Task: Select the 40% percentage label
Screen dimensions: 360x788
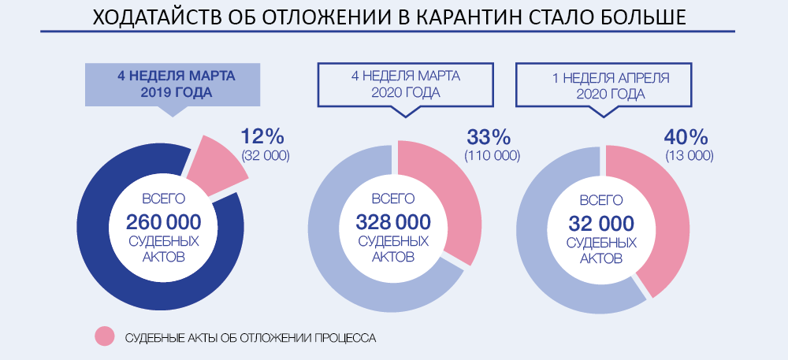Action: click(x=689, y=136)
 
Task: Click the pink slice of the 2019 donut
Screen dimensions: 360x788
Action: click(x=217, y=163)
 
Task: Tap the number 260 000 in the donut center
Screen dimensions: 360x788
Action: click(x=163, y=221)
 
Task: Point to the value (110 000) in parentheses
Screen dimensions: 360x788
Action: click(x=492, y=155)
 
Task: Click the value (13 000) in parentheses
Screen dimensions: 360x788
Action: click(x=689, y=155)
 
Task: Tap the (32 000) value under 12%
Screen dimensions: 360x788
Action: click(x=266, y=155)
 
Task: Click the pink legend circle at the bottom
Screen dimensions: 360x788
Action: click(x=105, y=336)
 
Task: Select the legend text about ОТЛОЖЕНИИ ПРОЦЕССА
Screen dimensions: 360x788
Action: click(x=251, y=337)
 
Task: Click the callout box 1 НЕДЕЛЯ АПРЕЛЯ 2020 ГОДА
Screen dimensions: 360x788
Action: click(x=611, y=85)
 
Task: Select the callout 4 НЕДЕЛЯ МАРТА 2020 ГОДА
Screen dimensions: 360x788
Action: click(x=405, y=85)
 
